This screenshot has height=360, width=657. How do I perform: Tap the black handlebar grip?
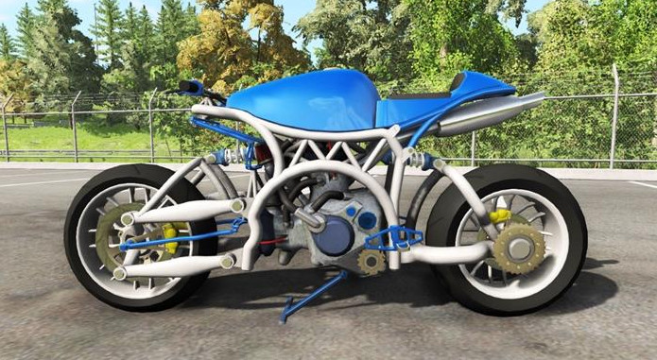(191, 87)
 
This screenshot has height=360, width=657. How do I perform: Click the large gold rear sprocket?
(518, 249)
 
